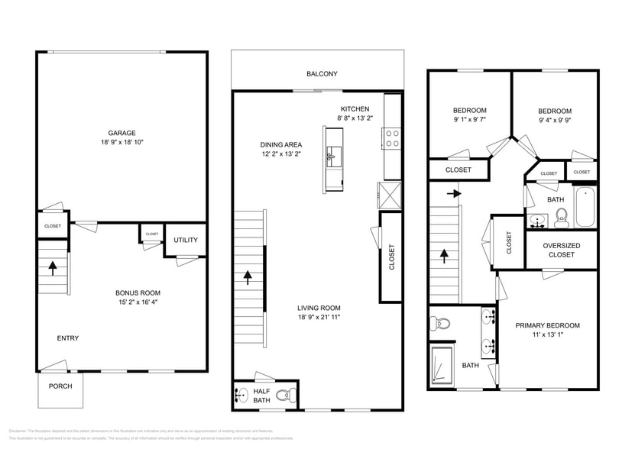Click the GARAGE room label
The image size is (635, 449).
click(121, 133)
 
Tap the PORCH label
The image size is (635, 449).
click(60, 386)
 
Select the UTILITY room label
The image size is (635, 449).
click(186, 240)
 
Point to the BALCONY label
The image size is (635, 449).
click(322, 74)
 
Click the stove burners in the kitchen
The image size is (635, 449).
click(391, 138)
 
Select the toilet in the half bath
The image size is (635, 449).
click(284, 396)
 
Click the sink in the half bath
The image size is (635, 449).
click(240, 396)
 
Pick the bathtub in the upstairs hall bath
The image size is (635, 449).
click(585, 206)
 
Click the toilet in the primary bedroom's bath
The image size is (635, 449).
click(439, 321)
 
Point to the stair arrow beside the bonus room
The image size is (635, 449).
click(53, 267)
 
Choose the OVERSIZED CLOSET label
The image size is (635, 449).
click(561, 250)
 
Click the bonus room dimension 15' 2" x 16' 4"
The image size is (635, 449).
click(138, 302)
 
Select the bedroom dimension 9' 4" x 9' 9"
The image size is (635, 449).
click(554, 120)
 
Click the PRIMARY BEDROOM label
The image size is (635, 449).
click(547, 325)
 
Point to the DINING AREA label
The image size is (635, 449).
click(281, 144)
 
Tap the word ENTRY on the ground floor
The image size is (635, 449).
click(68, 338)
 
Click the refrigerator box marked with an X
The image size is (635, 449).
click(388, 195)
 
